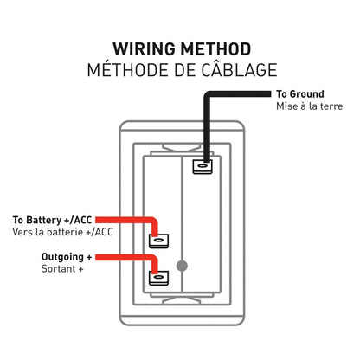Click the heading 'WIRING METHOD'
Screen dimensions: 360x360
point(180,48)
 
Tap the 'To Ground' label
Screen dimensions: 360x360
point(299,93)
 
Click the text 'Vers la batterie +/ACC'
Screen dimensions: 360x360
point(63,232)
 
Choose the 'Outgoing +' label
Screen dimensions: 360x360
point(68,258)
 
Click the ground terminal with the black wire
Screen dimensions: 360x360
point(203,164)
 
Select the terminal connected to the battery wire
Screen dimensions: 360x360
point(158,241)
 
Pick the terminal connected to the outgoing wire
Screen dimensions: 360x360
point(158,278)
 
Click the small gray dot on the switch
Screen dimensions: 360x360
point(180,266)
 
